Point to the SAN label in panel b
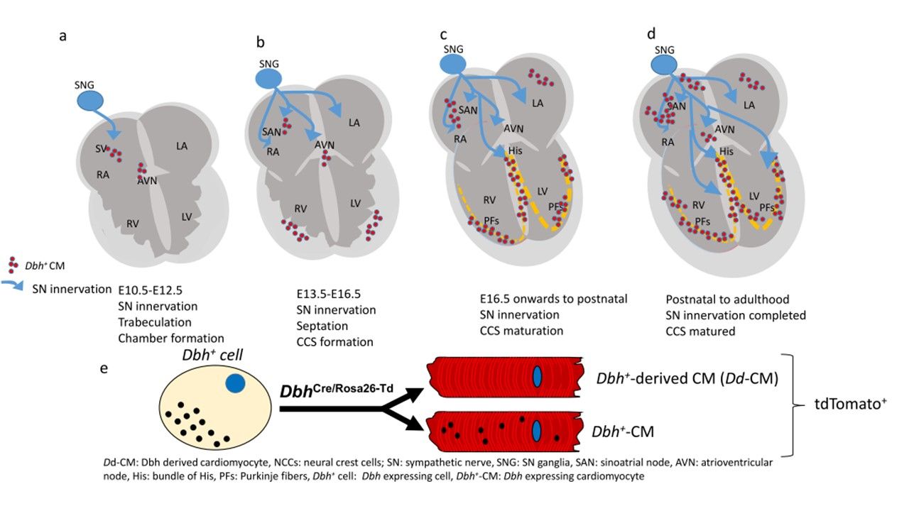(x=273, y=133)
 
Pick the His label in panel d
(x=726, y=152)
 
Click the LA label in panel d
(x=749, y=105)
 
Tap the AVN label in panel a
(x=148, y=180)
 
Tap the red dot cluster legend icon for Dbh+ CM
(x=14, y=265)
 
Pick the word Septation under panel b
(x=322, y=326)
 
